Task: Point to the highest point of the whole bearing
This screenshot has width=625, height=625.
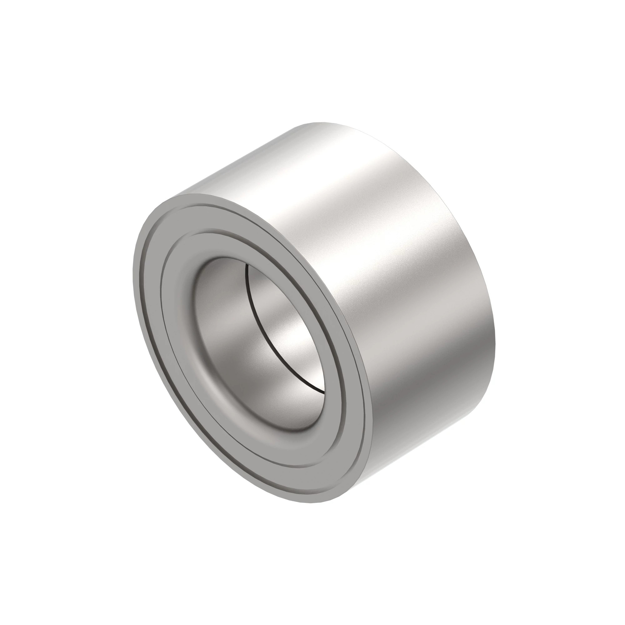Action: pyautogui.click(x=320, y=122)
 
